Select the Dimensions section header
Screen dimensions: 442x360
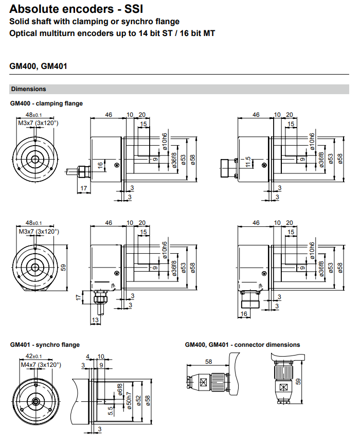click(x=29, y=89)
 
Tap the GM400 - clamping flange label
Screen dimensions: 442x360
click(x=46, y=103)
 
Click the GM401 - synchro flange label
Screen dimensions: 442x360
click(x=45, y=345)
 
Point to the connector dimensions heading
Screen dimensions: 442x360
click(x=242, y=345)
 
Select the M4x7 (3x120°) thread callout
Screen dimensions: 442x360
click(x=41, y=365)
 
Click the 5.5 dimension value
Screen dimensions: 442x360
click(x=110, y=410)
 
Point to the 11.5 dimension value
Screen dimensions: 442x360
click(x=247, y=163)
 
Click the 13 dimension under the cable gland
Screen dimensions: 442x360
click(x=95, y=320)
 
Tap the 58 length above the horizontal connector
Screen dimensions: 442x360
click(x=208, y=362)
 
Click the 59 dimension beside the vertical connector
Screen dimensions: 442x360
click(x=298, y=381)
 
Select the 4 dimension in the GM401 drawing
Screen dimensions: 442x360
click(x=88, y=356)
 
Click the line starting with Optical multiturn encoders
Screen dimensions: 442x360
click(x=112, y=33)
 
